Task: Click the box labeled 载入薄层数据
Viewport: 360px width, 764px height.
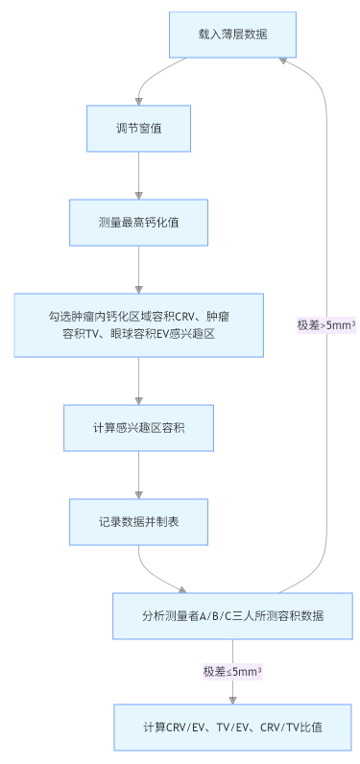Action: (232, 34)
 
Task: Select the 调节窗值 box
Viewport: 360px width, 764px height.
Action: (139, 128)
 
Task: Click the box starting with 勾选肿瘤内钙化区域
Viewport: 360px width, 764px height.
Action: (139, 324)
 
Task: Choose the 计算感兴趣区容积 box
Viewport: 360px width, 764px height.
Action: (139, 428)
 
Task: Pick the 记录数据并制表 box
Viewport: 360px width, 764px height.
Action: (139, 521)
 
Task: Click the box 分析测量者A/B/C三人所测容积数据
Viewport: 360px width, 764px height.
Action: (232, 615)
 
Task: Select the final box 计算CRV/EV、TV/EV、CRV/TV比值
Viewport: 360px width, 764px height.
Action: (232, 728)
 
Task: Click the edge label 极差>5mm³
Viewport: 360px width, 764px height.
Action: (326, 324)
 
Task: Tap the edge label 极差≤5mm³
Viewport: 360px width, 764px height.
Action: (232, 672)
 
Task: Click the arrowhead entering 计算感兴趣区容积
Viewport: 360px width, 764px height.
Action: (139, 400)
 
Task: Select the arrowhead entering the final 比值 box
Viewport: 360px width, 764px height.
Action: (232, 700)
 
